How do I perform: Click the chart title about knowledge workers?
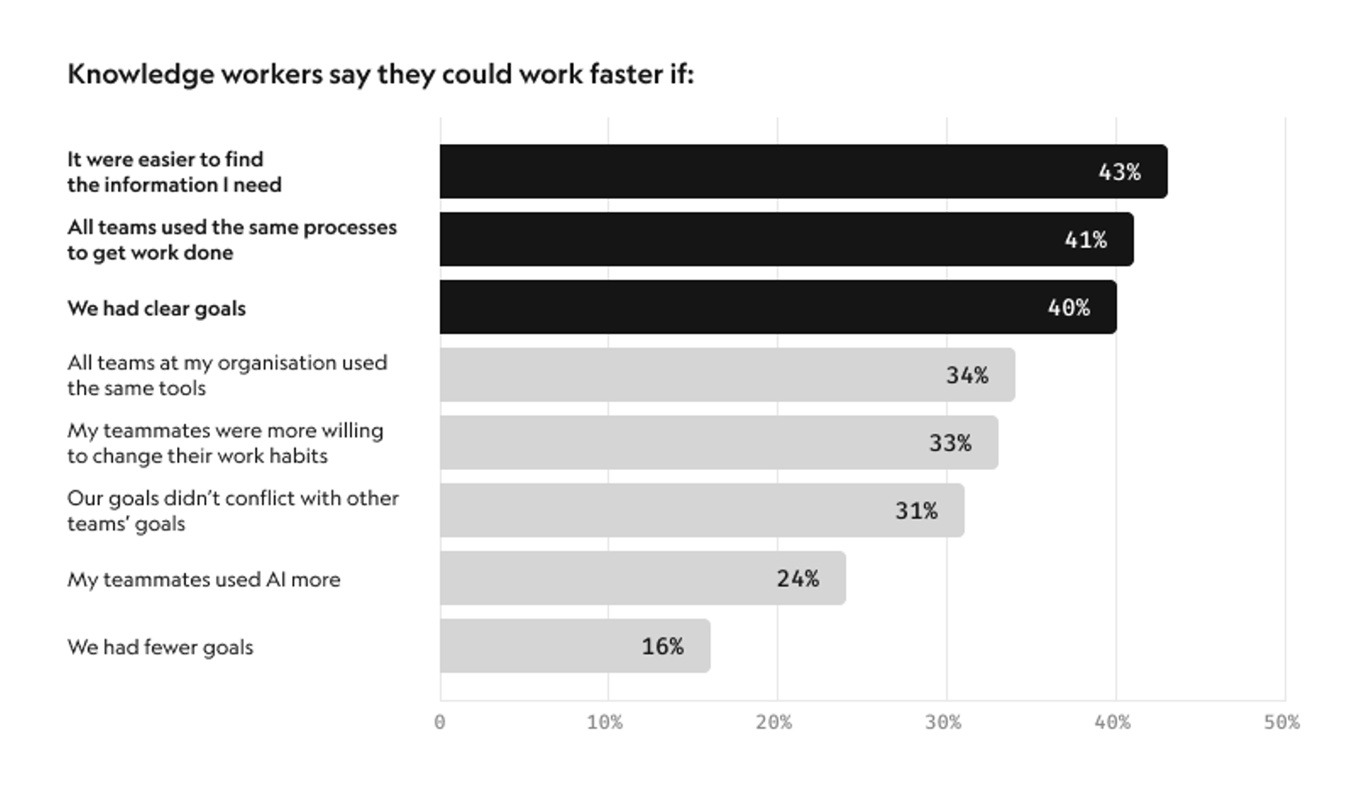pos(381,74)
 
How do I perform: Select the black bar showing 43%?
pos(776,171)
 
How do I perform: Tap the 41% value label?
pos(1085,240)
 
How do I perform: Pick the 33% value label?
pos(950,443)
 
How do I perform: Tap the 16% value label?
pos(662,646)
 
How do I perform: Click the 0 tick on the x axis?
pos(440,723)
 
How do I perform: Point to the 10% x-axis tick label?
pos(605,723)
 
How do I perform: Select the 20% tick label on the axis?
pos(774,723)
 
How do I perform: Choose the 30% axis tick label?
pos(944,723)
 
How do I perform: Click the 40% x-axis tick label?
pos(1113,723)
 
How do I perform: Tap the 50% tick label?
pos(1281,723)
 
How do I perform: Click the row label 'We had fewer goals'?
pos(160,647)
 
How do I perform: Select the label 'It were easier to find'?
pos(165,159)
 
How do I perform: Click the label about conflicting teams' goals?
pos(233,511)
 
